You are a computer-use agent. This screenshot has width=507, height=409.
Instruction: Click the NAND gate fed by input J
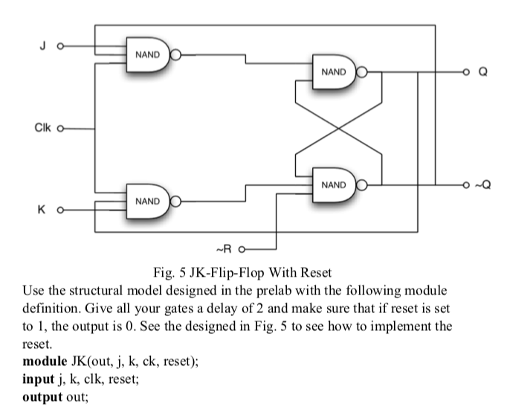click(148, 54)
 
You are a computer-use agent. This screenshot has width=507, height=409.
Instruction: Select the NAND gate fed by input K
click(148, 201)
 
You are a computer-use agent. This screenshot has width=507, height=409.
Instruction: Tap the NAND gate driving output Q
click(334, 73)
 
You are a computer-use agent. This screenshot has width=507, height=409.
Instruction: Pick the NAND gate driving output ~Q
click(334, 184)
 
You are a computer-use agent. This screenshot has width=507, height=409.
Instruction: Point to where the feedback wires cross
click(340, 128)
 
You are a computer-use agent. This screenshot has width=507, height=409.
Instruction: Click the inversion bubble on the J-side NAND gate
click(175, 54)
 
